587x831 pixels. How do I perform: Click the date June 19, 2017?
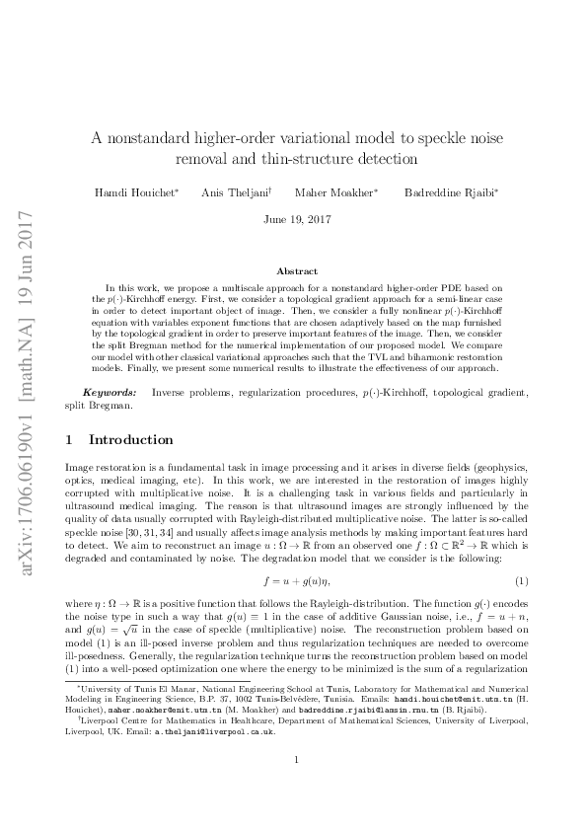pyautogui.click(x=293, y=219)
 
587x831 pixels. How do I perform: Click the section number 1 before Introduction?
pyautogui.click(x=67, y=439)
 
